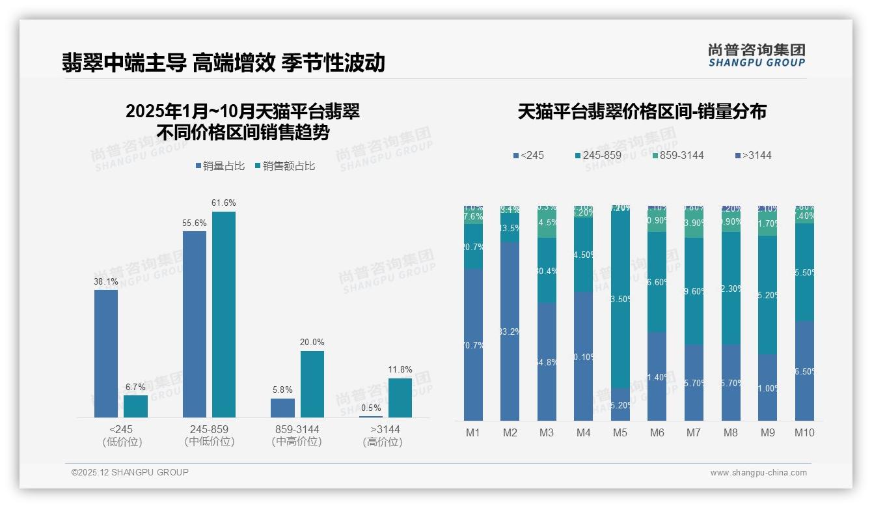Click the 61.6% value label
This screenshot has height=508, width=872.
[224, 203]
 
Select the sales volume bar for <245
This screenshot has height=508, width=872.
[106, 353]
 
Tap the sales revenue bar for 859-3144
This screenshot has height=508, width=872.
[312, 384]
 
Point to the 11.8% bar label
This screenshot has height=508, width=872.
[400, 369]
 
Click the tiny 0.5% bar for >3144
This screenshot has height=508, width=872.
[371, 416]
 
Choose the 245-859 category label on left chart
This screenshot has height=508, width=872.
[209, 430]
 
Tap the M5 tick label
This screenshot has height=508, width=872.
[620, 432]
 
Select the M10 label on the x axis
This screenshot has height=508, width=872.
[804, 432]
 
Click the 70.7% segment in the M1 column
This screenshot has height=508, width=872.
[473, 345]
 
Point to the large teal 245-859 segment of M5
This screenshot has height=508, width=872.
[620, 299]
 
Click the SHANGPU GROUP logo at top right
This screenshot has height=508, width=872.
[756, 55]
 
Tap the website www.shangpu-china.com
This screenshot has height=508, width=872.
[758, 473]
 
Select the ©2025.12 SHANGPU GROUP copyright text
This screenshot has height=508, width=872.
[130, 472]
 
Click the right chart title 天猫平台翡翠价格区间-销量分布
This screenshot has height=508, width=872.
[642, 111]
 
